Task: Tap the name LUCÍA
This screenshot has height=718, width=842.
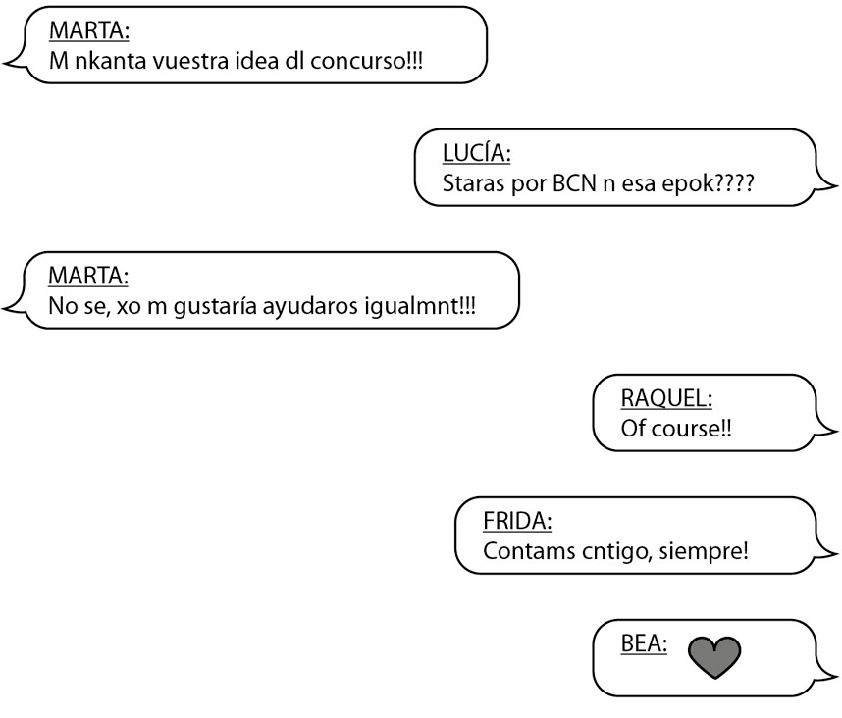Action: (479, 153)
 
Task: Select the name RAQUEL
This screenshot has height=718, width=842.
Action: (667, 398)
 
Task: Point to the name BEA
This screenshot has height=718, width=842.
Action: (644, 643)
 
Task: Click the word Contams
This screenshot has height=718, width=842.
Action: (520, 551)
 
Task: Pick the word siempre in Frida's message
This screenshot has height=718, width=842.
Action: (711, 551)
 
